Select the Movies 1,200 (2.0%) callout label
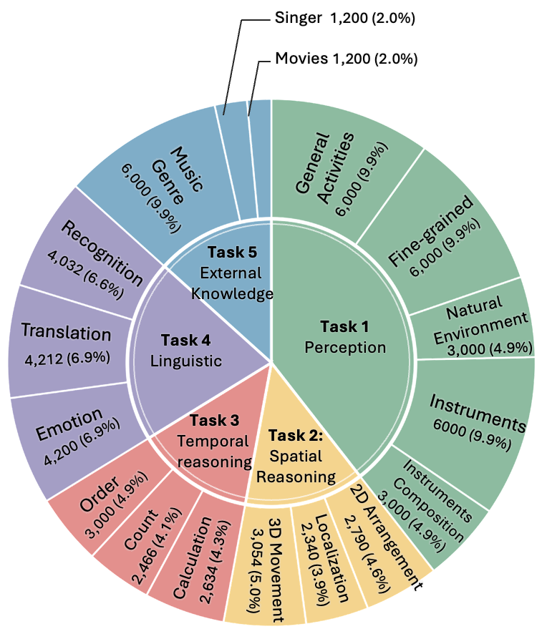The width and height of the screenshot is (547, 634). [x=346, y=58]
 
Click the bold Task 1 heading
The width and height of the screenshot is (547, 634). [x=344, y=327]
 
